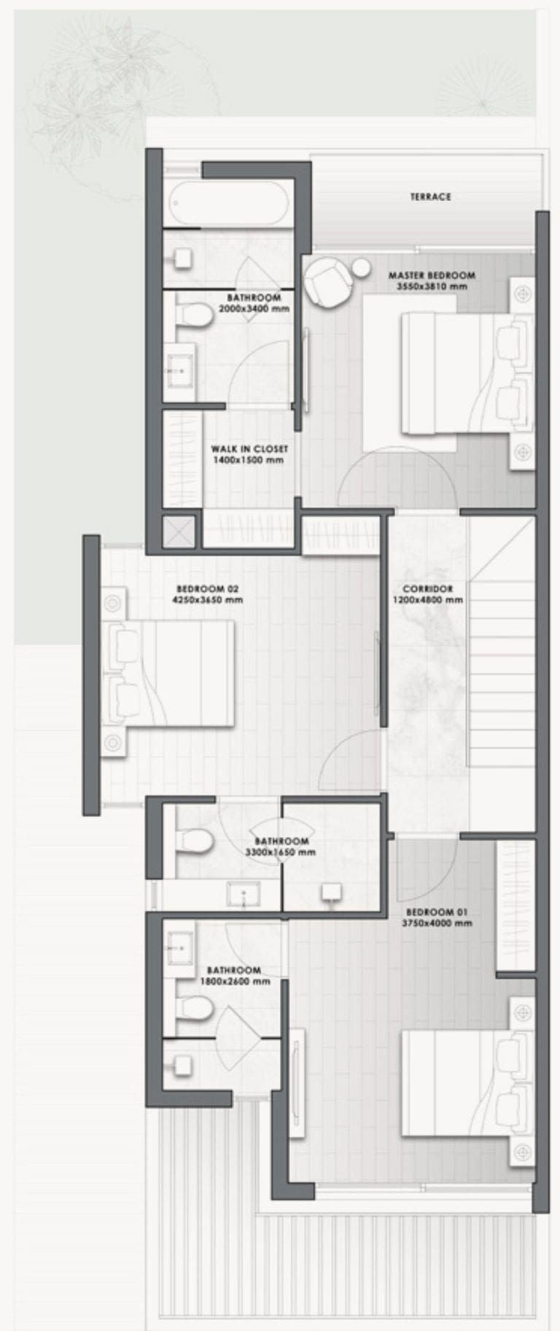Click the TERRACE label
click(x=430, y=197)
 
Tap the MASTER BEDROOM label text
click(x=432, y=276)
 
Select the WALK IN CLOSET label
click(x=249, y=449)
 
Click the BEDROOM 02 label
click(x=208, y=589)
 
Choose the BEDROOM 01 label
click(x=437, y=912)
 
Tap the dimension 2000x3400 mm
click(x=254, y=309)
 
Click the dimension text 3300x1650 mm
click(x=281, y=852)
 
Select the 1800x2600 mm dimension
click(x=234, y=981)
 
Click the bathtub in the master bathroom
click(x=227, y=203)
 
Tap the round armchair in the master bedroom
click(x=327, y=283)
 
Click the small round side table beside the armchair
click(x=361, y=269)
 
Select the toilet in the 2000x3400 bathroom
click(x=192, y=315)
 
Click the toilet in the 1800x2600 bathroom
click(x=193, y=1009)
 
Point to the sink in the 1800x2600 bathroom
click(x=179, y=948)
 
